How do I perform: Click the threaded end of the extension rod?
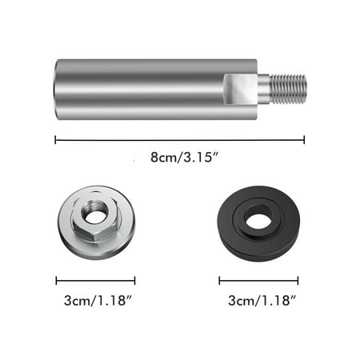tap(289, 89)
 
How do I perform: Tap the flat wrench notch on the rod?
tap(240, 89)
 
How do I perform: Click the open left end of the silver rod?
tap(58, 89)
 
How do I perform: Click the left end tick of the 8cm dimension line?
tap(55, 139)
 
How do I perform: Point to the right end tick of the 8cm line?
tap(304, 139)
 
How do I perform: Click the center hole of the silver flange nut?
tap(96, 216)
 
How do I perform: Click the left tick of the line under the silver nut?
tap(56, 280)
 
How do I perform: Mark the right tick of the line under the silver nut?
tap(134, 280)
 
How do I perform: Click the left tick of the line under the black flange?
tap(219, 280)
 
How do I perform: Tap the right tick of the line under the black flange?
tap(298, 280)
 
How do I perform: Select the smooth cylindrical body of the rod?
tap(144, 89)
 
